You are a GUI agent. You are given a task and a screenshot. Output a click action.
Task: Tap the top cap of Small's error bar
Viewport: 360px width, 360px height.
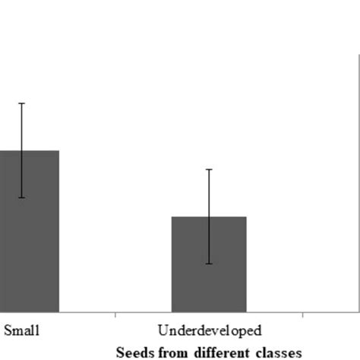pyautogui.click(x=22, y=103)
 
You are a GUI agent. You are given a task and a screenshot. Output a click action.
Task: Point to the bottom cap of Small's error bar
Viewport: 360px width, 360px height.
pyautogui.click(x=22, y=197)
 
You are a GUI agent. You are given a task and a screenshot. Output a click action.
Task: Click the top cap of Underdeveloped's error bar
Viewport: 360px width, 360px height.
pyautogui.click(x=209, y=169)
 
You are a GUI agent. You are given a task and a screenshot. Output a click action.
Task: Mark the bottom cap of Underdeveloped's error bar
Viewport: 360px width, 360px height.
pyautogui.click(x=209, y=264)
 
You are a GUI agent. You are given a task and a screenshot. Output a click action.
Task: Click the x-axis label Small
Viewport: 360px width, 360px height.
pyautogui.click(x=22, y=330)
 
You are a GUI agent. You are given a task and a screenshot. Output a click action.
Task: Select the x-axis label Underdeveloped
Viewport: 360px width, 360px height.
pyautogui.click(x=210, y=330)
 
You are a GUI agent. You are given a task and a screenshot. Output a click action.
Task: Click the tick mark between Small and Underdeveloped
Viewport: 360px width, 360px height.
pyautogui.click(x=115, y=314)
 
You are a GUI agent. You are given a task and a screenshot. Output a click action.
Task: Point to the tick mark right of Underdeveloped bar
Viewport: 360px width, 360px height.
pyautogui.click(x=303, y=314)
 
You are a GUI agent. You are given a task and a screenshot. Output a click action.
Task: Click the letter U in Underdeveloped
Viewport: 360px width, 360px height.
pyautogui.click(x=162, y=330)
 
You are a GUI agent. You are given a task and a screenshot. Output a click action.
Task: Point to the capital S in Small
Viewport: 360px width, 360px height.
pyautogui.click(x=8, y=330)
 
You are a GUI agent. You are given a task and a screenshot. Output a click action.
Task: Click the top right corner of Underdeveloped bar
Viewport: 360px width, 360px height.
pyautogui.click(x=246, y=217)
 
